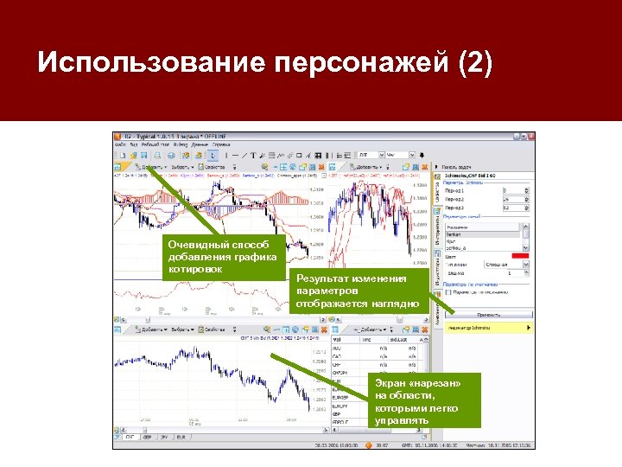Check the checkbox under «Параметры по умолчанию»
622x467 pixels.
(x=448, y=291)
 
